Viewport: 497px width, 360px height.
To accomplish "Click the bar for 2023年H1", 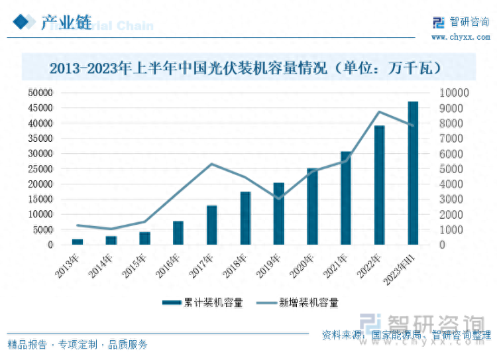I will (x=413, y=173).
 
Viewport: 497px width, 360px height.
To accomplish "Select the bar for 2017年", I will (x=212, y=225).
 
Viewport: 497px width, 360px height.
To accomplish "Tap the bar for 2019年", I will (x=279, y=213).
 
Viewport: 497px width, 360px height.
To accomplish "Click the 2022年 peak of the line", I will (x=379, y=112).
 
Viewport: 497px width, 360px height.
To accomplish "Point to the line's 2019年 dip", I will (x=279, y=198).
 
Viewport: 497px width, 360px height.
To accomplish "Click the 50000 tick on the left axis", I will (x=40, y=93).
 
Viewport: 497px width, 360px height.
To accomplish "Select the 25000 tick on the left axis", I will (x=40, y=169).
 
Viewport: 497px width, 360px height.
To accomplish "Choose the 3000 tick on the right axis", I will (x=451, y=200).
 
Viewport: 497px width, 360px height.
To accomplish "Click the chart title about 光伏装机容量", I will (x=246, y=68).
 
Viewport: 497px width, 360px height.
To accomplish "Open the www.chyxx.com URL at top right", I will (x=461, y=36).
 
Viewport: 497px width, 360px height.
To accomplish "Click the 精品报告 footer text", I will (x=27, y=345).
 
